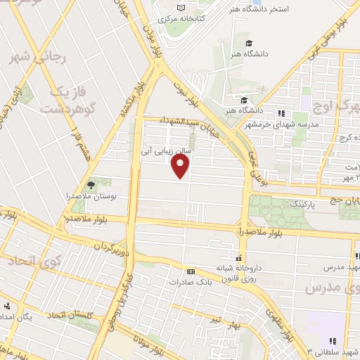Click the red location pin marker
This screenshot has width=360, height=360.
coord(181,166)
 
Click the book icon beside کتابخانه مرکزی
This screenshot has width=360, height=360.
coord(181,6)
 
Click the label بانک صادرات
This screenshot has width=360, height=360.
coord(190,282)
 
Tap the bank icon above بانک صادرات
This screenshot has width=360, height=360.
coord(190,271)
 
